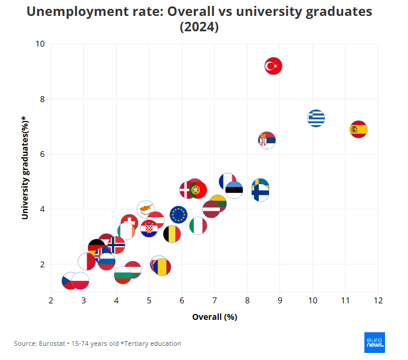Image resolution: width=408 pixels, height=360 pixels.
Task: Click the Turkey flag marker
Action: tap(273, 66)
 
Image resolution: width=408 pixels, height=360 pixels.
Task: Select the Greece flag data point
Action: tap(317, 118)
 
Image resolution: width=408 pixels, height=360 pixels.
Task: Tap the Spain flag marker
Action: tap(358, 129)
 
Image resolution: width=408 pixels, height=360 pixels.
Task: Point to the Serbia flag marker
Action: tap(267, 140)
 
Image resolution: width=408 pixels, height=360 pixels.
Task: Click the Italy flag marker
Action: tap(198, 225)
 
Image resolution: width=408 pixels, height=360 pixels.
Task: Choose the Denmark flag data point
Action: tap(188, 189)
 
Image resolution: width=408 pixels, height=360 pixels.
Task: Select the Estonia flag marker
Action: tap(234, 189)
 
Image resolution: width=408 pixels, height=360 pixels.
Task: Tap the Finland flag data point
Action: tap(260, 192)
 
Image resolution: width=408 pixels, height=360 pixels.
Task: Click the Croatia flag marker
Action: tap(149, 228)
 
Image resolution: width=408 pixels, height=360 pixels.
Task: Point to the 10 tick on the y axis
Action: tap(40, 44)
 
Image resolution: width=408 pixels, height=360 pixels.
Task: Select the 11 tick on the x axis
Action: tap(346, 301)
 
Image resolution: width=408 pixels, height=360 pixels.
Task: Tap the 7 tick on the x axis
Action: tap(215, 301)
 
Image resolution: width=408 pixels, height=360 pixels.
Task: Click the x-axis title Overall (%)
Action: tap(215, 317)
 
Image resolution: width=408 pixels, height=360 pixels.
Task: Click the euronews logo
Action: tap(375, 343)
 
